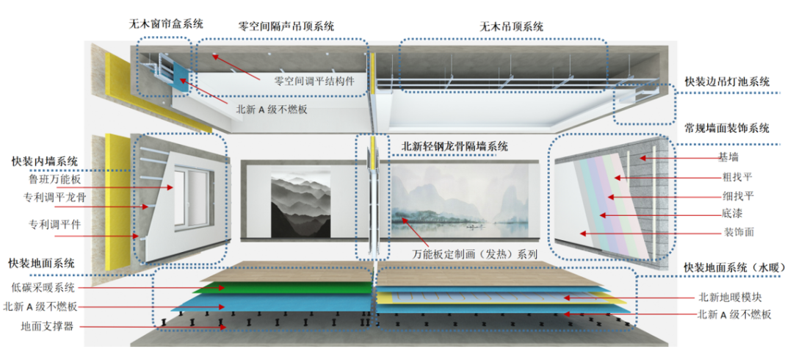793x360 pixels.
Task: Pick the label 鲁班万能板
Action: (x=55, y=179)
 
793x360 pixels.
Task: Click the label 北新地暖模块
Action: (x=731, y=298)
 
